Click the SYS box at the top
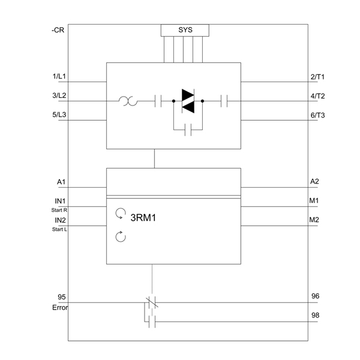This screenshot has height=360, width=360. pyautogui.click(x=185, y=31)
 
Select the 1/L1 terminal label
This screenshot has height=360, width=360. pyautogui.click(x=59, y=76)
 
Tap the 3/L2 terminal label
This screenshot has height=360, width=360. pyautogui.click(x=59, y=95)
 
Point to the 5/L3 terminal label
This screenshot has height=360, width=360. pyautogui.click(x=59, y=115)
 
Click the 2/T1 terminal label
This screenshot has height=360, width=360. pyautogui.click(x=317, y=77)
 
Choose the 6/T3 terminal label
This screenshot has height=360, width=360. pyautogui.click(x=318, y=115)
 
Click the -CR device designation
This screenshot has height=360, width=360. pyautogui.click(x=58, y=31)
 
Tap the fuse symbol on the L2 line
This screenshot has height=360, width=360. pyautogui.click(x=128, y=101)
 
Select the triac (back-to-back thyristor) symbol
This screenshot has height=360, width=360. pyautogui.click(x=188, y=101)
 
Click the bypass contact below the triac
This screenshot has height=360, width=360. pyautogui.click(x=188, y=130)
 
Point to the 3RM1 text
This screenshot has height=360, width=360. pyautogui.click(x=143, y=218)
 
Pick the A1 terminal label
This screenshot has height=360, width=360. pyautogui.click(x=61, y=182)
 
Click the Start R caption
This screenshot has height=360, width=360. pyautogui.click(x=59, y=210)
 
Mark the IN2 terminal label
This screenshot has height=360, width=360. pyautogui.click(x=60, y=220)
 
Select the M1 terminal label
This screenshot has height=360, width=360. pyautogui.click(x=314, y=200)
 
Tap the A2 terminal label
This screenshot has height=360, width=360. pyautogui.click(x=314, y=182)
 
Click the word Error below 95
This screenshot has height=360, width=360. pyautogui.click(x=60, y=308)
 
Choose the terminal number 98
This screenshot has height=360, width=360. pyautogui.click(x=315, y=315)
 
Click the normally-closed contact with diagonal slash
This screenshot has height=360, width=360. pyautogui.click(x=152, y=302)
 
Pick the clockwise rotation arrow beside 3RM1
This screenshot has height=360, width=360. pyautogui.click(x=121, y=214)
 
